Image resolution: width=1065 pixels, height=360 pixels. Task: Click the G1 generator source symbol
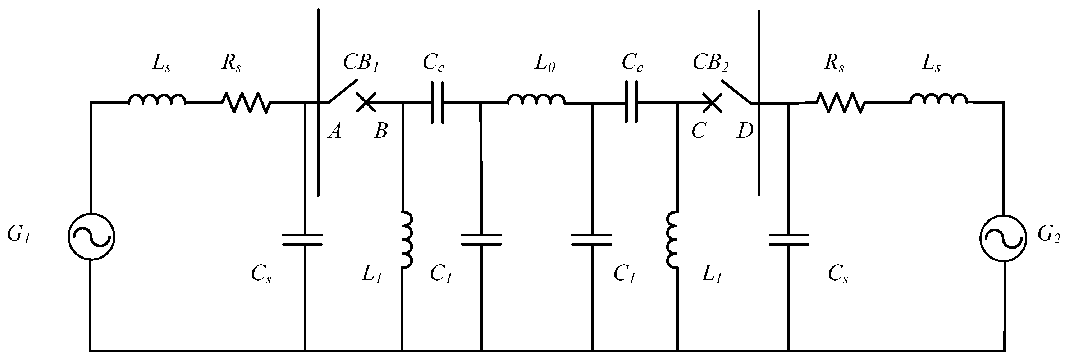click(91, 237)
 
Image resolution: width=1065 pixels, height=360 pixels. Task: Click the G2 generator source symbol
click(1003, 238)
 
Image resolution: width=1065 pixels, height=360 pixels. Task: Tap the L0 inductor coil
click(536, 100)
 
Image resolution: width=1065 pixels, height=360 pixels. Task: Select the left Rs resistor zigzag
click(246, 102)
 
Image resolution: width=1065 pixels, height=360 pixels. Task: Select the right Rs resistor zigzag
click(840, 102)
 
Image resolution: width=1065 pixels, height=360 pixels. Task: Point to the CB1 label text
click(361, 63)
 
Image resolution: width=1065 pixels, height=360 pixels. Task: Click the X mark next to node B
click(366, 102)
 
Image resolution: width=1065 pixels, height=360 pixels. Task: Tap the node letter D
click(745, 131)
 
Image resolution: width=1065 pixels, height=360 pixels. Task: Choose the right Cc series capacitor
click(632, 102)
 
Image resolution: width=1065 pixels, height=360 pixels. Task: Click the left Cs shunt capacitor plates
click(302, 240)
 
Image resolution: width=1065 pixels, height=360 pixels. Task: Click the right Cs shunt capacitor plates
click(789, 240)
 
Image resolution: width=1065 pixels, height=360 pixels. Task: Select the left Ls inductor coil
click(157, 100)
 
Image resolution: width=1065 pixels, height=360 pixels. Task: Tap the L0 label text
click(545, 63)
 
